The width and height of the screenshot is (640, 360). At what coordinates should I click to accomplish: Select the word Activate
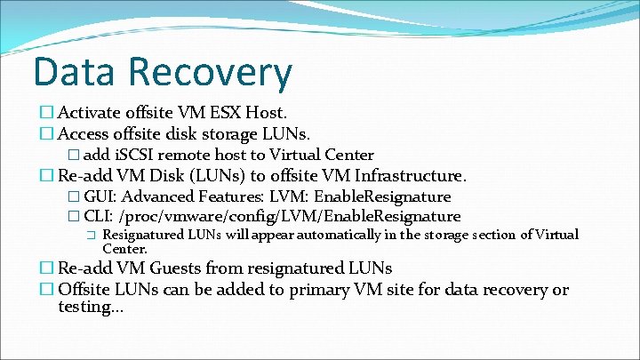[92, 113]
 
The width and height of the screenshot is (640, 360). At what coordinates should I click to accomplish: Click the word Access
[85, 134]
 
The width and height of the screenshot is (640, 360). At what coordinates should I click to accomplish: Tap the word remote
[188, 155]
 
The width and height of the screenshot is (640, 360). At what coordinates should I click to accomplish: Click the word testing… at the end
[91, 307]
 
